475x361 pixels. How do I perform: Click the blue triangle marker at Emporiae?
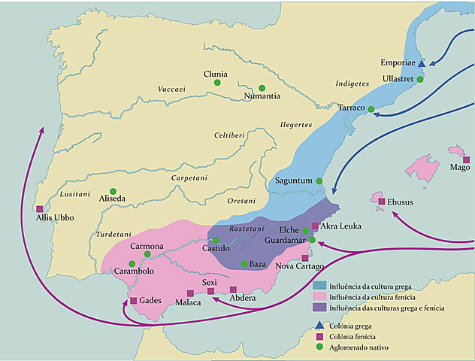tap(422, 65)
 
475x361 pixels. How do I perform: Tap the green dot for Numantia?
tap(262, 87)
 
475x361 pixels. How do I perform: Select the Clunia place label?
tap(216, 73)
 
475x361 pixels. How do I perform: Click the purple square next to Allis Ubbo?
tap(39, 209)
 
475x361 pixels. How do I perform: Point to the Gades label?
tap(151, 300)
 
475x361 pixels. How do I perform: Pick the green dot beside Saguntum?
tap(319, 181)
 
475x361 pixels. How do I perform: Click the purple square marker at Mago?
tap(466, 159)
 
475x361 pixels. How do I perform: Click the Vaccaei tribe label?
tap(171, 89)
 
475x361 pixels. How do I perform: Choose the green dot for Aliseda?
tap(113, 191)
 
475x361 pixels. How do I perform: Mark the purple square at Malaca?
tap(188, 293)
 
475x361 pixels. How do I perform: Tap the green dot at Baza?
tap(244, 263)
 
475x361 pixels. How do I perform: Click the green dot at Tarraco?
tap(370, 108)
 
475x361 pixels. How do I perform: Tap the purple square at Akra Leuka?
tap(315, 226)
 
